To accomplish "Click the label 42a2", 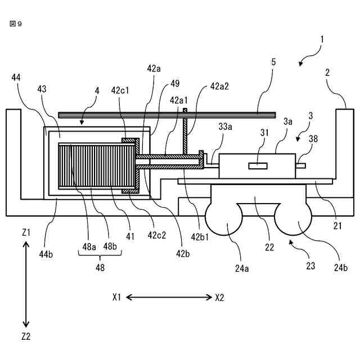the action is [x=219, y=87].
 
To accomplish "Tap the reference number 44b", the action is [x=46, y=254].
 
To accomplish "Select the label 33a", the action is [x=225, y=127].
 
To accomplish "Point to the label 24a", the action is [x=242, y=268].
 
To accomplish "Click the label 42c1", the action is [x=120, y=91].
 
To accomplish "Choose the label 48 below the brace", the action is [x=100, y=268].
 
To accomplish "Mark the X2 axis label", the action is [x=219, y=298].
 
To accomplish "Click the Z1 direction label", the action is [x=26, y=233].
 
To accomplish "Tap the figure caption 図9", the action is [x=16, y=24].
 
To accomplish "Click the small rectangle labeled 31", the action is [x=258, y=166].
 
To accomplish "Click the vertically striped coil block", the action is [x=97, y=166].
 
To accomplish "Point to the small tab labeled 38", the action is [x=300, y=166].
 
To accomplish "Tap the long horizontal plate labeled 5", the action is [x=167, y=115].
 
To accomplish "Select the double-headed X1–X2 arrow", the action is [x=169, y=298].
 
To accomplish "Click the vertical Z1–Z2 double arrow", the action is [x=26, y=285].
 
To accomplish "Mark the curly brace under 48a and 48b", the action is [x=100, y=254].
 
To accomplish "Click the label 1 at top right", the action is [x=322, y=39].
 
